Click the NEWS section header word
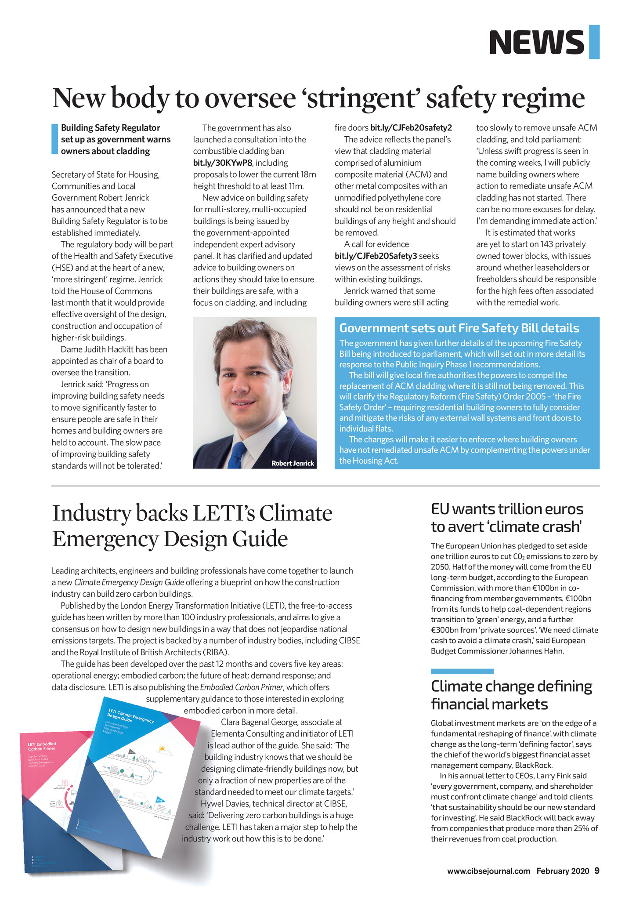pos(537,43)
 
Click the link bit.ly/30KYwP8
pos(223,163)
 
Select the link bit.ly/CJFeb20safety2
pos(411,128)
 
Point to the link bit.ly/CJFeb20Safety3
pos(376,256)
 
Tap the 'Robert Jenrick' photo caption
pos(293,463)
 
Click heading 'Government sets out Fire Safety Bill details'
pos(459,328)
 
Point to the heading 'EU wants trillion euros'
pos(507,509)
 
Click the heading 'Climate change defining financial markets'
pos(511,695)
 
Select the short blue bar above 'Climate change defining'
pos(462,671)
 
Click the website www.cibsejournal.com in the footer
pos(488,871)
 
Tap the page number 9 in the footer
pos(597,871)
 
